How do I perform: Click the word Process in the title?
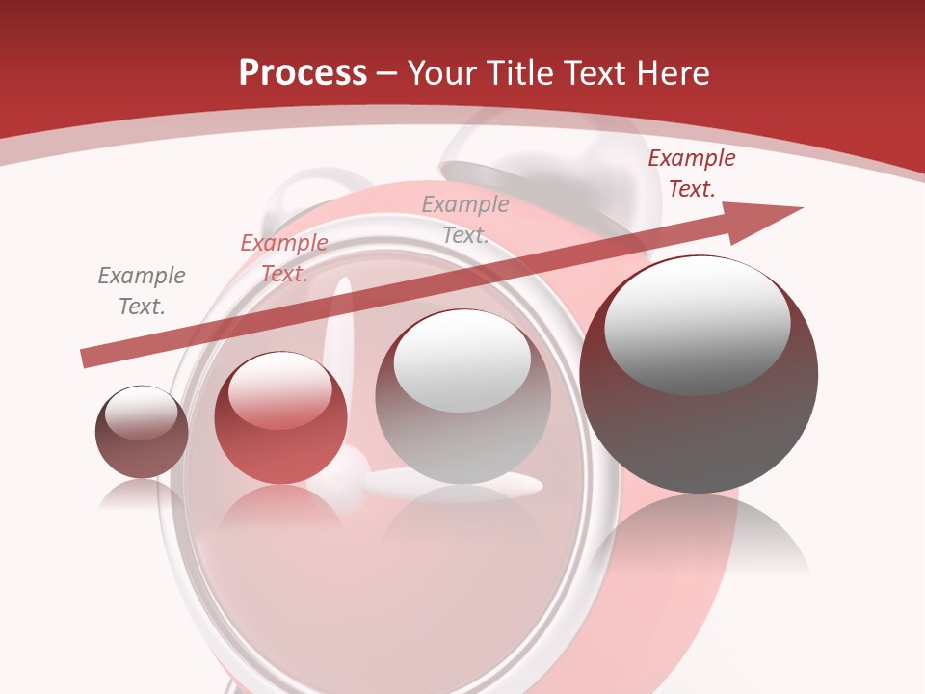303,73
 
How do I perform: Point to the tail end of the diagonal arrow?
87,359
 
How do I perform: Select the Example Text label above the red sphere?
284,258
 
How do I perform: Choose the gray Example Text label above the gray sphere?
465,219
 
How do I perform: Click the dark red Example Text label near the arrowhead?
691,173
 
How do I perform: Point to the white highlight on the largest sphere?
697,323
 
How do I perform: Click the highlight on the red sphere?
279,387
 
